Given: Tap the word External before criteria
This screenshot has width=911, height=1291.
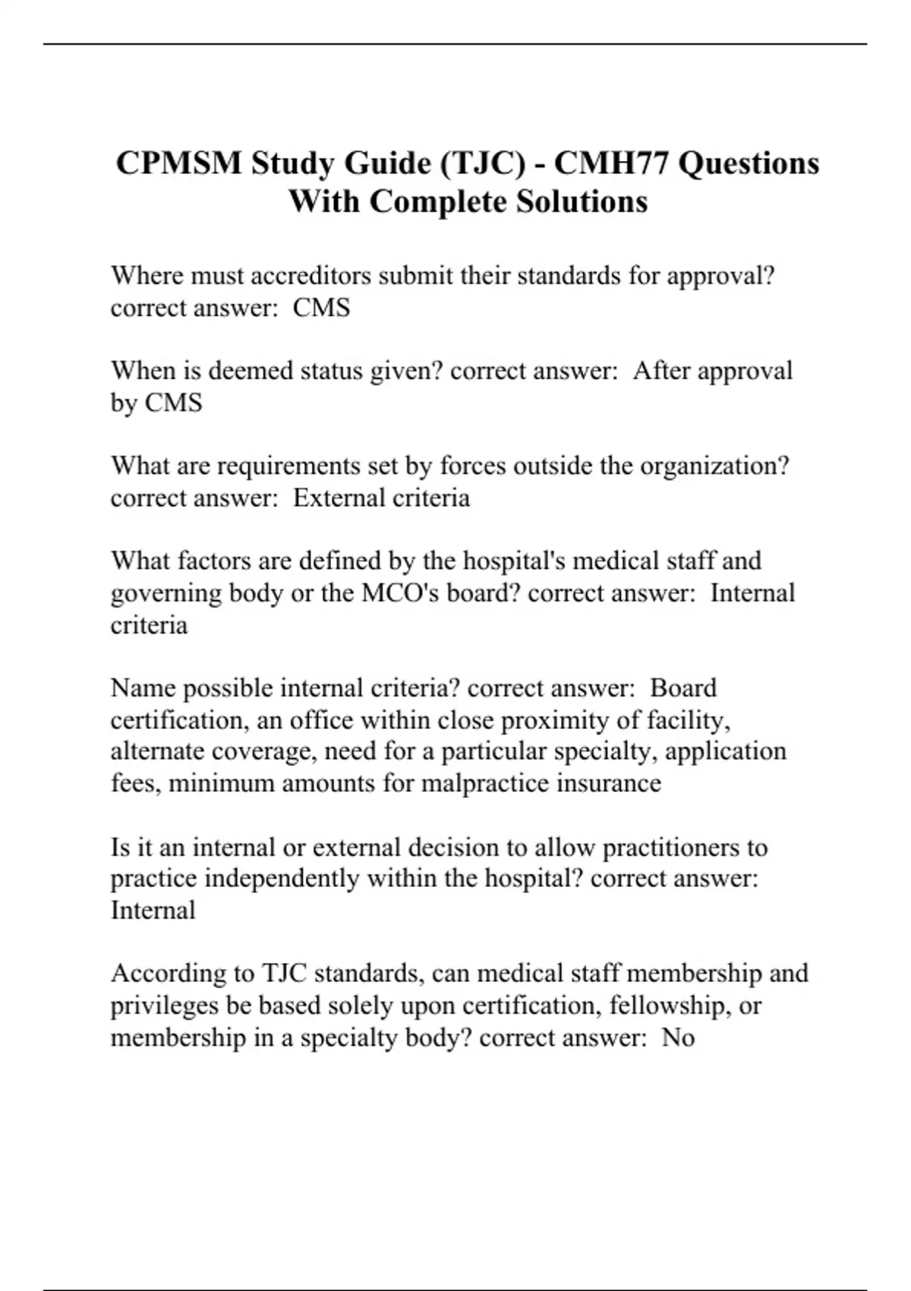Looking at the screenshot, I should tap(338, 498).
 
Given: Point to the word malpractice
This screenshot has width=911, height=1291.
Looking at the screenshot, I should tap(485, 783).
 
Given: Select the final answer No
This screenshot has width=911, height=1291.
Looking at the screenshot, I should tap(678, 1037).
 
